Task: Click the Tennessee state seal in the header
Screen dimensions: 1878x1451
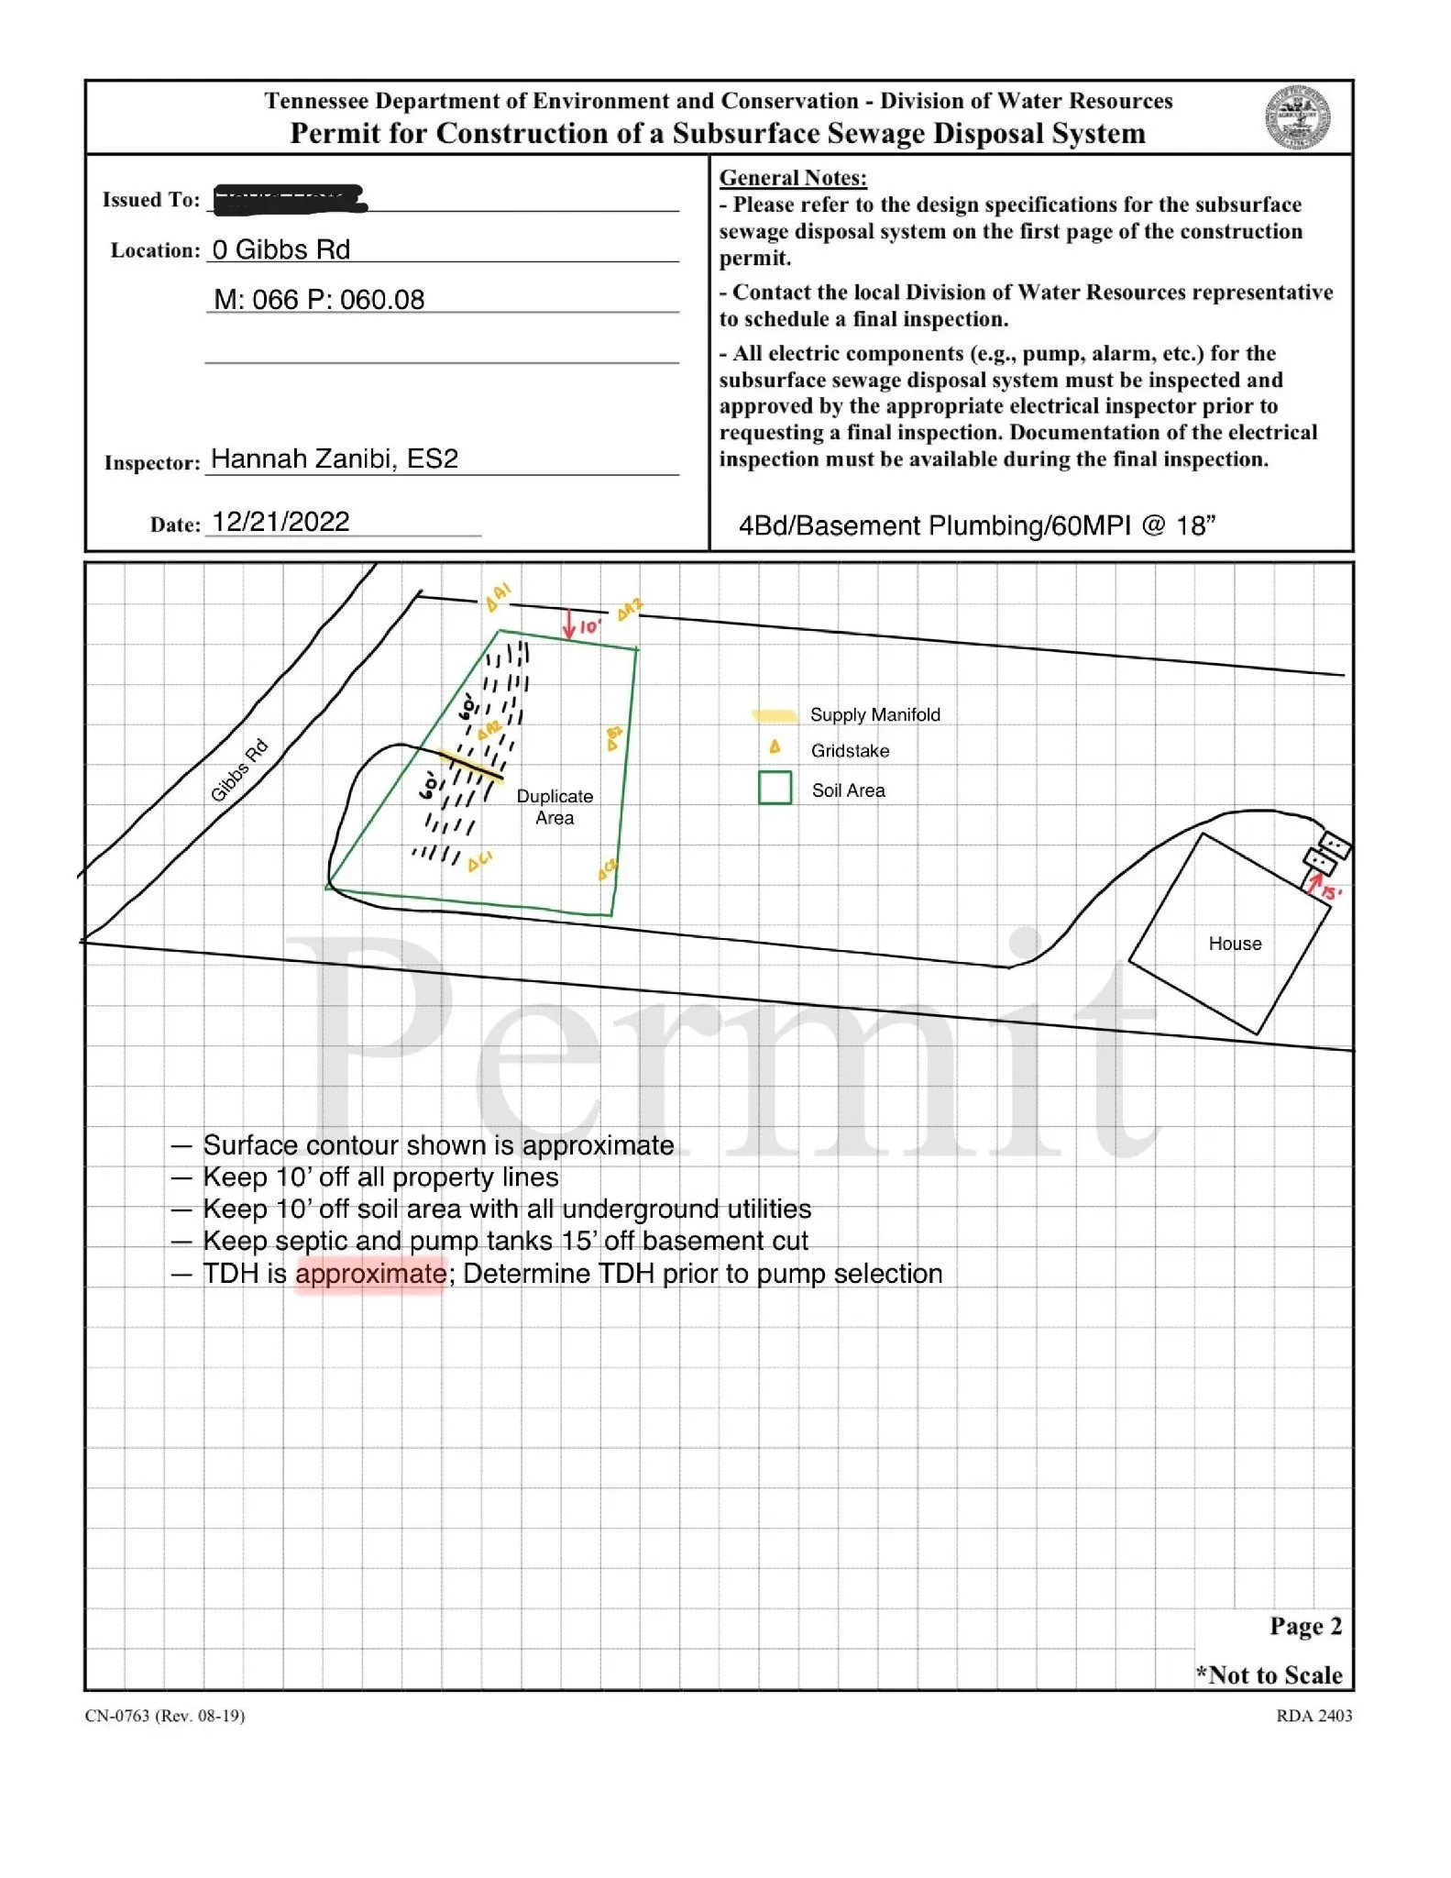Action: click(1297, 118)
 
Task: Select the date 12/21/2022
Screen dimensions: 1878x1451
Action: click(280, 522)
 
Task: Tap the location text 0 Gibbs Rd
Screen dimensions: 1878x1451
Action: click(280, 249)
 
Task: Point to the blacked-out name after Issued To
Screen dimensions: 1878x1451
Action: click(289, 199)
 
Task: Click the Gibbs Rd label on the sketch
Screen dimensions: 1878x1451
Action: click(238, 770)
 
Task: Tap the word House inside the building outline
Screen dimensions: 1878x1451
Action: click(1235, 944)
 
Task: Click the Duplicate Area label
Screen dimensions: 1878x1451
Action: click(555, 807)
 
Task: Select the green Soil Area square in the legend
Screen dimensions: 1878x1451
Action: click(775, 788)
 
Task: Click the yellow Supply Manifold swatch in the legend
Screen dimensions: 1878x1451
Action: click(774, 715)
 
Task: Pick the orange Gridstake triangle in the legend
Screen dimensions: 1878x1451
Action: click(775, 747)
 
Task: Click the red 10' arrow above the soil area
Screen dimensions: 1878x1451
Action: click(570, 624)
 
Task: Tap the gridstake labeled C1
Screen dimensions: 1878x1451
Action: click(478, 862)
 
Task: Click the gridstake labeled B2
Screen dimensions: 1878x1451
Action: click(614, 738)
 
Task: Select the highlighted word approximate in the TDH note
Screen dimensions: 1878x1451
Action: click(370, 1274)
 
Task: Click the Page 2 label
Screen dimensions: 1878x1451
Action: click(1305, 1626)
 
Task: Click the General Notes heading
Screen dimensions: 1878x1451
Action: click(793, 178)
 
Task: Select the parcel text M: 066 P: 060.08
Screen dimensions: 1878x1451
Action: click(319, 300)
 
